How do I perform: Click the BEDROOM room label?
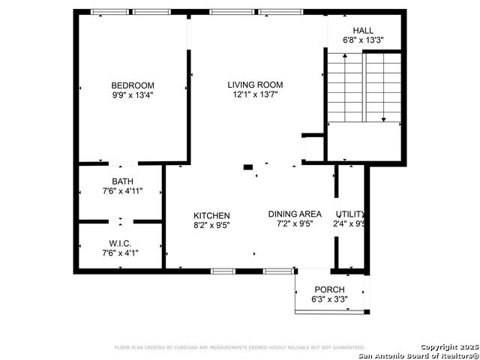(133, 85)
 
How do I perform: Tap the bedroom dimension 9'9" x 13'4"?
(133, 95)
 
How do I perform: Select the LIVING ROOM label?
(255, 85)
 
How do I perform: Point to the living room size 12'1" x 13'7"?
(255, 95)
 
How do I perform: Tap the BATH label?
(122, 181)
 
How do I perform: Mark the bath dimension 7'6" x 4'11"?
(122, 192)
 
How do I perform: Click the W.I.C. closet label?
(120, 244)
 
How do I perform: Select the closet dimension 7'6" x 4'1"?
(120, 254)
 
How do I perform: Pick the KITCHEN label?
(211, 215)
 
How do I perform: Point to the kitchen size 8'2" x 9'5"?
(211, 226)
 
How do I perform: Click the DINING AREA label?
(295, 214)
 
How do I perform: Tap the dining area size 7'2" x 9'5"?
(295, 223)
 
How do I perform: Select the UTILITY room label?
(351, 214)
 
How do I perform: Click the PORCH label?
(329, 289)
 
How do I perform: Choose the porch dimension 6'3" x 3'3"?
(329, 299)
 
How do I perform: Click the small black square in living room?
(248, 167)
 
